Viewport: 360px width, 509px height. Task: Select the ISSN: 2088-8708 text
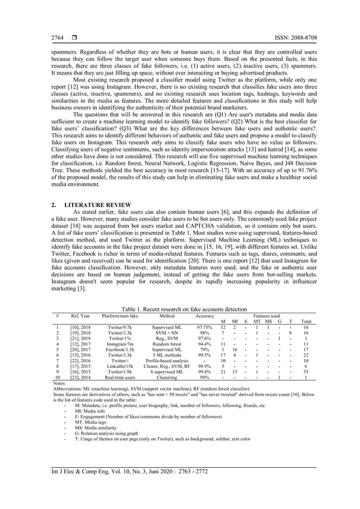293,38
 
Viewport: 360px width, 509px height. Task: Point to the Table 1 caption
180,309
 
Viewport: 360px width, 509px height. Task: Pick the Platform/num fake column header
120,316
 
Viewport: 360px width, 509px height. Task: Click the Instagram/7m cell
120,343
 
